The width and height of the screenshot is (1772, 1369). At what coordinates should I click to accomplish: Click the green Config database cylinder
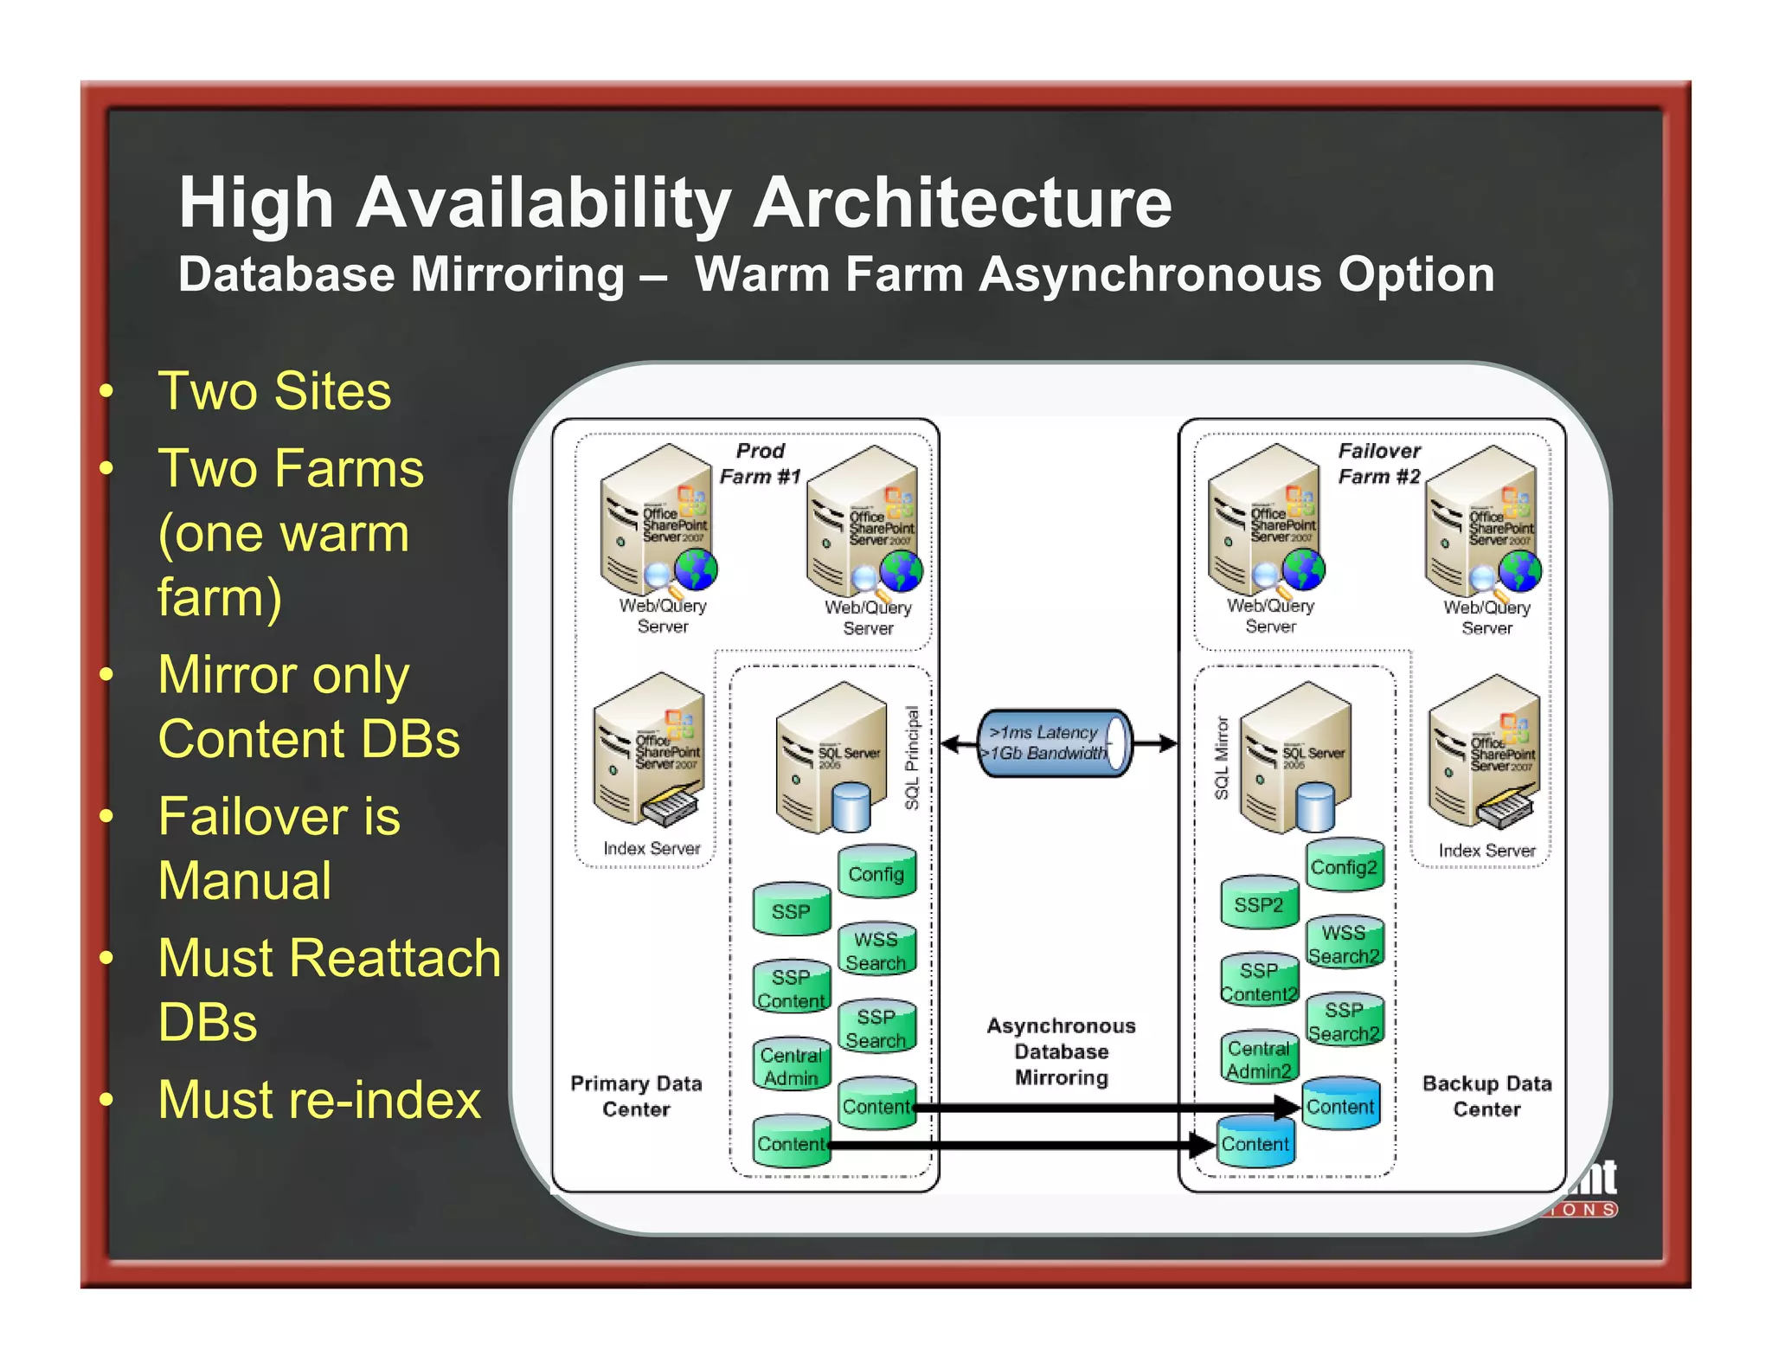click(876, 873)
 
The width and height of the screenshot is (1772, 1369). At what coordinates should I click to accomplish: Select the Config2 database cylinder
click(1344, 866)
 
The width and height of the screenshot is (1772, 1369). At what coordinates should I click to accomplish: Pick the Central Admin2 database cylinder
click(1259, 1059)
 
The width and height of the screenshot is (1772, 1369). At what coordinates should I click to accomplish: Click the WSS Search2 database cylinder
click(1344, 944)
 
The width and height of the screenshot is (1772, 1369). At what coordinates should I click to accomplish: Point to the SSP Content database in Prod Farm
click(791, 987)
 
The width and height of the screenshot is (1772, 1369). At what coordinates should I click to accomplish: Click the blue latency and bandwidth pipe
click(1053, 743)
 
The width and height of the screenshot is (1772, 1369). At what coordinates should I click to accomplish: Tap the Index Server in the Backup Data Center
click(1485, 752)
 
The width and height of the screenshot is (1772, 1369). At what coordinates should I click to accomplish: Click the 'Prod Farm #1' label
click(760, 464)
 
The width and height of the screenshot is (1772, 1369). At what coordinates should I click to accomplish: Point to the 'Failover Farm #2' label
click(1379, 464)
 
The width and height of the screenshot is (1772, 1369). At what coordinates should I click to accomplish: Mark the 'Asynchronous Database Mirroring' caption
click(1061, 1051)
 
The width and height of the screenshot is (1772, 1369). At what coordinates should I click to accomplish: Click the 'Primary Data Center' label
click(636, 1096)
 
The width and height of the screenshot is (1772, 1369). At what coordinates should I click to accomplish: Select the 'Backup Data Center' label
click(1486, 1096)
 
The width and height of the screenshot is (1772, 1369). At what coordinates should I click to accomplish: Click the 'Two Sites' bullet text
click(274, 390)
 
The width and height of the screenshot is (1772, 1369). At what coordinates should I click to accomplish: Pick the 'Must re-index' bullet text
click(319, 1100)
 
